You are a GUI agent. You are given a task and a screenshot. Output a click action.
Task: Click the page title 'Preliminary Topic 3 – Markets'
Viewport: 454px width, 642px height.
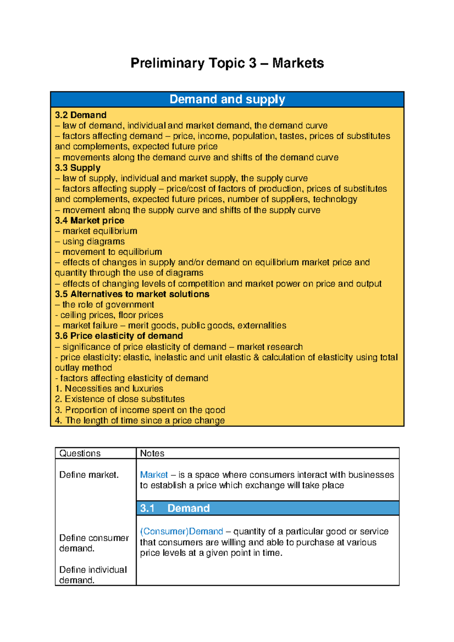[x=227, y=63]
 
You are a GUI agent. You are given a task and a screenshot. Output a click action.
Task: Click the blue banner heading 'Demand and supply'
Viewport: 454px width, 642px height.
[x=227, y=99]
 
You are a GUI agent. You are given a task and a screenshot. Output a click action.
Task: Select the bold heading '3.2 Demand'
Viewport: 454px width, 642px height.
[x=81, y=115]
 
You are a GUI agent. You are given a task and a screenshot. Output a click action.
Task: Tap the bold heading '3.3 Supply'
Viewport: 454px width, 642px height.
[x=78, y=168]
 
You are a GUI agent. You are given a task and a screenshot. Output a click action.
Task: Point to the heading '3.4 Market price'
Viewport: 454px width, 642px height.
[x=89, y=220]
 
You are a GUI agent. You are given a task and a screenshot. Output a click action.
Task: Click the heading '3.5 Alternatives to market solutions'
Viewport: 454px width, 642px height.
[x=132, y=294]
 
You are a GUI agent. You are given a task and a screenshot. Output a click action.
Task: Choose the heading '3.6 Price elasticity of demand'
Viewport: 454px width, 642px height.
[x=119, y=336]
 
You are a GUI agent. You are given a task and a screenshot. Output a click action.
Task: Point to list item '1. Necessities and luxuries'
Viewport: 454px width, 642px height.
[x=109, y=389]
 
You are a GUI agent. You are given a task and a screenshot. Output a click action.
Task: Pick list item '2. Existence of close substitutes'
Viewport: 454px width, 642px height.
[x=120, y=399]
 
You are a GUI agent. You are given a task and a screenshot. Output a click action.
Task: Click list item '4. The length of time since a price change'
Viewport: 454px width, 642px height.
[x=140, y=420]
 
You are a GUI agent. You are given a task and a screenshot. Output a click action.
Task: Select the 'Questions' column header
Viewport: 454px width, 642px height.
[x=80, y=453]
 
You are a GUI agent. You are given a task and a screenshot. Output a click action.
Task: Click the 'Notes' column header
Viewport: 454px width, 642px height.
[x=152, y=453]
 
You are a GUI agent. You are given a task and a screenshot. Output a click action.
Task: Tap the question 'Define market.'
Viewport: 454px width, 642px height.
[x=89, y=475]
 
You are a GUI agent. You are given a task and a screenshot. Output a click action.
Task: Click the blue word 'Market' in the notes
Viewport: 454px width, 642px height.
[x=154, y=475]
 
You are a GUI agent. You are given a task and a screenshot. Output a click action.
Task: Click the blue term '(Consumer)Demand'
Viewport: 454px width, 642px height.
[x=181, y=532]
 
